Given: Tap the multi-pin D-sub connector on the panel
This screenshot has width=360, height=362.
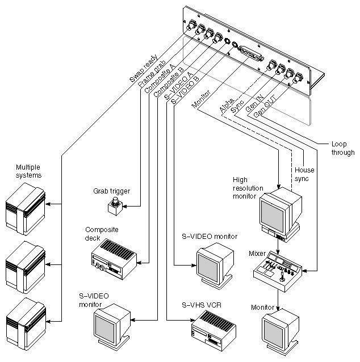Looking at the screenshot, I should (250, 54).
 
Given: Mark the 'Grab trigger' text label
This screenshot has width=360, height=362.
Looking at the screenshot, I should (111, 191).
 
